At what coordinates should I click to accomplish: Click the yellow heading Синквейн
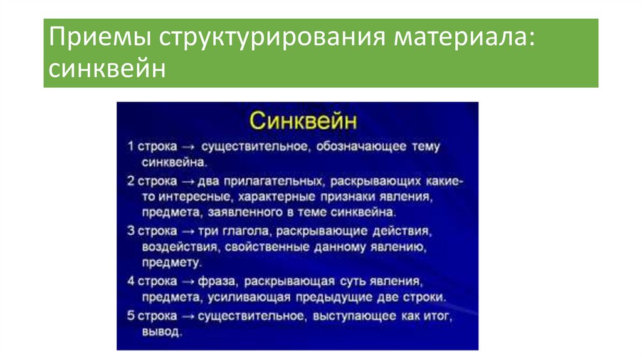coord(303,121)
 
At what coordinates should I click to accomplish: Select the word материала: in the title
coord(465,38)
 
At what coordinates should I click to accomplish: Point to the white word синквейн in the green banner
coord(107,68)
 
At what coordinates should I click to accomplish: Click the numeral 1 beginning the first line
coord(130,146)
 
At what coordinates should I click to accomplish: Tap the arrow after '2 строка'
coord(187,181)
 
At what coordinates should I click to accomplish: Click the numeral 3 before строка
coord(130,231)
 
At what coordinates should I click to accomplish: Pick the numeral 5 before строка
coord(130,315)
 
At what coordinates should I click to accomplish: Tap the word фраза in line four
coord(217,282)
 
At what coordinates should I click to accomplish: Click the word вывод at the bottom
coord(161,331)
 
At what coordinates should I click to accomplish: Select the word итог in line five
coord(438,316)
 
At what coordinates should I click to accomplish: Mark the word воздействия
coord(180,248)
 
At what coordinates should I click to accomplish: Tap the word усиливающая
coord(249,298)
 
